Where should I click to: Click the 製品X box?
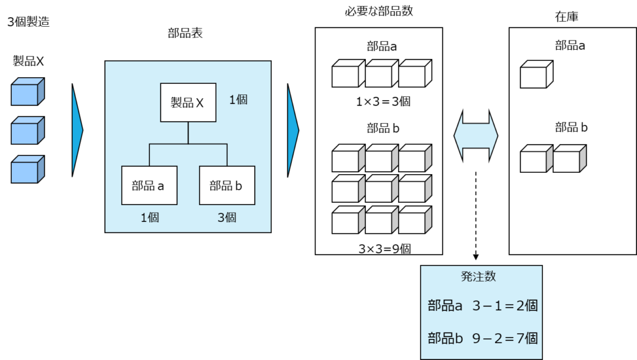point(188,103)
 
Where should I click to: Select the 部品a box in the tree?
point(149,185)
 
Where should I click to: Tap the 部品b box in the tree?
point(226,185)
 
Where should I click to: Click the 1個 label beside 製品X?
point(238,99)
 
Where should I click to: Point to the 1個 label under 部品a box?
point(150,218)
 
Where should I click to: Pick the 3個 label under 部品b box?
point(226,218)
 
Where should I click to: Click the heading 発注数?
point(479,277)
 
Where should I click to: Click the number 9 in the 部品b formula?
point(476,339)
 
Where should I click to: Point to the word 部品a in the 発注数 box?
point(445,306)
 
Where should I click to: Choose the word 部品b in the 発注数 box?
point(445,339)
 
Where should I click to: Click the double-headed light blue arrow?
point(476,136)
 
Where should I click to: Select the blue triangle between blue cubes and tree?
point(77,130)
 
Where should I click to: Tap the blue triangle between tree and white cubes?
point(293,130)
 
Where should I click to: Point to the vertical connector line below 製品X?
point(188,133)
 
